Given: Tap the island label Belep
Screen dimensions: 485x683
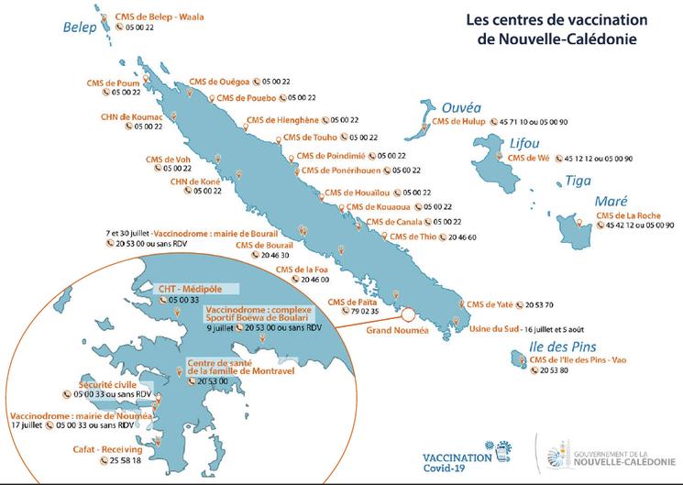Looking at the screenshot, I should [80, 28].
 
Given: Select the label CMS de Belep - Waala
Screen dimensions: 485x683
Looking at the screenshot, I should [160, 17].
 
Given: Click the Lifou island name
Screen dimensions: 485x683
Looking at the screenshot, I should [524, 143].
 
